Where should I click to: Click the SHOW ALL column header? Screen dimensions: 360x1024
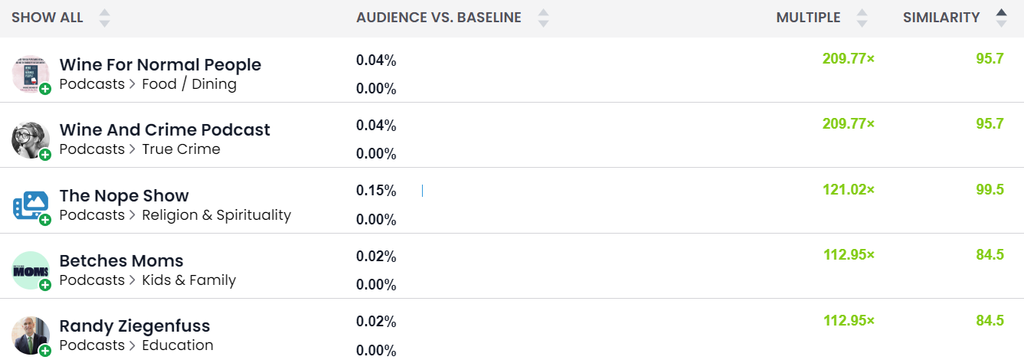coord(47,18)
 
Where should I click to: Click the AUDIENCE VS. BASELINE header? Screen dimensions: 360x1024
coord(438,18)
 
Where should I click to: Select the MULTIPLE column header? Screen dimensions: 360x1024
coord(808,18)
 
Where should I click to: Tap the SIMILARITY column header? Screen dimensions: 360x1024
coord(941,18)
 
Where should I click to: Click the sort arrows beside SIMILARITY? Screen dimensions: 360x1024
coord(1001,18)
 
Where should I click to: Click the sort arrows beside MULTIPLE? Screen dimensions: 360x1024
coord(862,18)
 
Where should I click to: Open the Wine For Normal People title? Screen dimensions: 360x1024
coord(160,64)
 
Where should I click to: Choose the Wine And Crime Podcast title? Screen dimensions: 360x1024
coord(165,129)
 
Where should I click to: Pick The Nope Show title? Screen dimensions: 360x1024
coord(124,195)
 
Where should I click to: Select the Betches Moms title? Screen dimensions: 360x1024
coord(121,260)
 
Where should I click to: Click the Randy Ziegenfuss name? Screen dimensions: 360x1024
coord(134,326)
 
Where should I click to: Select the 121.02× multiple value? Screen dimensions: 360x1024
coord(848,190)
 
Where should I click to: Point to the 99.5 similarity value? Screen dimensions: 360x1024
coord(990,190)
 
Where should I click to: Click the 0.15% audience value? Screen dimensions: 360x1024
coord(376,191)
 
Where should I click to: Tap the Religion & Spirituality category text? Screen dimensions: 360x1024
coord(216,215)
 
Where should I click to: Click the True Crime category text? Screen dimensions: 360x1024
coord(181,149)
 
